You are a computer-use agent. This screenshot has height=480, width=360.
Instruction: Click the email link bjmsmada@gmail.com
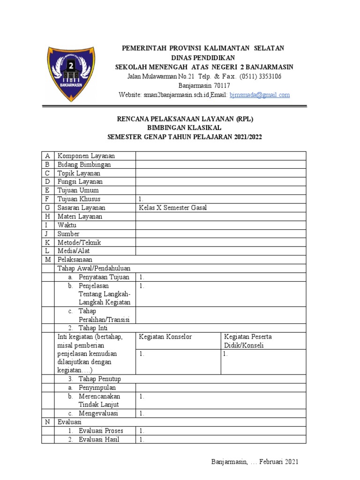[259, 95]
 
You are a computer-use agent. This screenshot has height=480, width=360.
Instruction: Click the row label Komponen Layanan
[86, 156]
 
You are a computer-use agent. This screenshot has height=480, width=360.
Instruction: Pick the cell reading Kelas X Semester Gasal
[173, 208]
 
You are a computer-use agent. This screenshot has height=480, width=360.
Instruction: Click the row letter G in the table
[47, 208]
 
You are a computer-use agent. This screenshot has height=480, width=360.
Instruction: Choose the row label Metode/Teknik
[79, 242]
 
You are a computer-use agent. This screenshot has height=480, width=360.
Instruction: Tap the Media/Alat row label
[74, 251]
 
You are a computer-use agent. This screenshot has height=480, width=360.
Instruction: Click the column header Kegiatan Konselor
[165, 337]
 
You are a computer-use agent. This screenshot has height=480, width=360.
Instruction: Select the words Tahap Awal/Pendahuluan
[93, 268]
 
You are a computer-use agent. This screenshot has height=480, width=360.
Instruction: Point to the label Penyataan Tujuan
[104, 277]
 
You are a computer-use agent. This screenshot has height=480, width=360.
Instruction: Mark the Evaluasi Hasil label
[99, 439]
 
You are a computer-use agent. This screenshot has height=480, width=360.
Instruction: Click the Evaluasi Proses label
[101, 430]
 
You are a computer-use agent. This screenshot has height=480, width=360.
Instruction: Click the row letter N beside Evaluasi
[47, 422]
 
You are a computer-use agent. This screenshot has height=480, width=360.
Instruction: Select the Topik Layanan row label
[79, 173]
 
